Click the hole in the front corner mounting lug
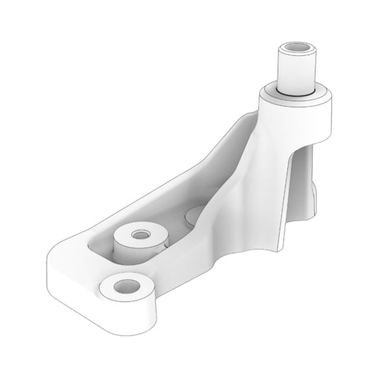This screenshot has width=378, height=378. tap(126, 286)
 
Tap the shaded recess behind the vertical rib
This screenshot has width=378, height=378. tap(305, 170)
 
